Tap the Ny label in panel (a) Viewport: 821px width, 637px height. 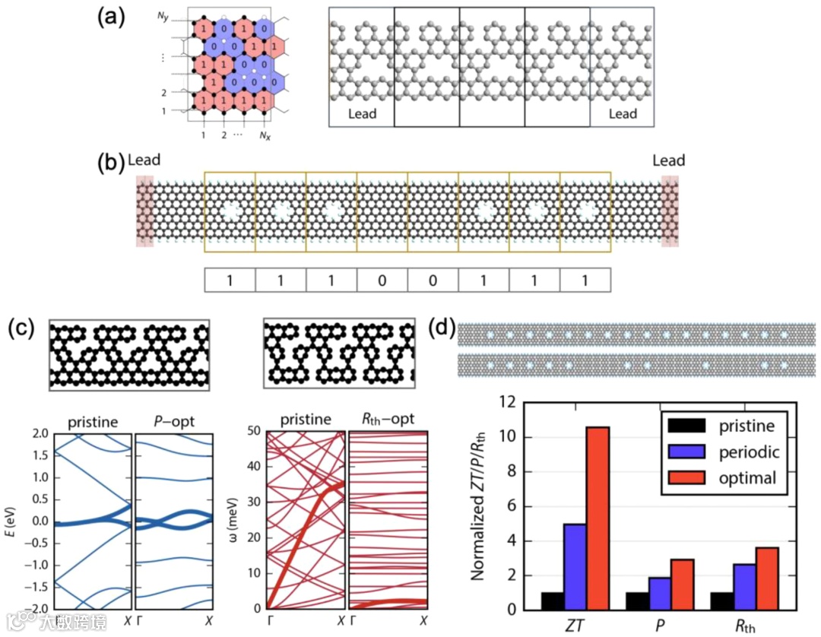click(x=163, y=17)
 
